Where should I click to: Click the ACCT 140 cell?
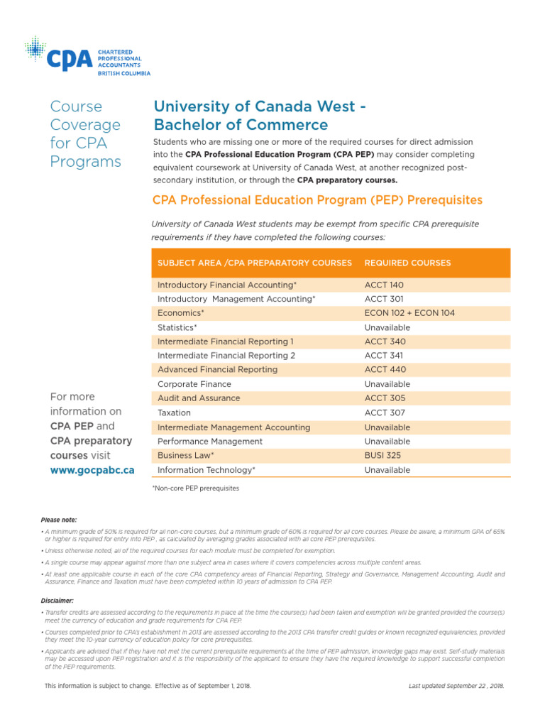(x=384, y=285)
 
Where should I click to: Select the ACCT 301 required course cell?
(x=384, y=299)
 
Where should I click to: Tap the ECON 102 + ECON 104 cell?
(x=409, y=313)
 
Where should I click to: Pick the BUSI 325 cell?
(x=383, y=456)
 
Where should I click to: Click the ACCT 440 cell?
(x=385, y=370)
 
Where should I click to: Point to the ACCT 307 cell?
(x=385, y=412)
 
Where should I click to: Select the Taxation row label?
(x=174, y=412)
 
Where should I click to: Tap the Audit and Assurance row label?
(x=199, y=398)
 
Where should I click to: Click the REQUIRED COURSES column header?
(x=407, y=263)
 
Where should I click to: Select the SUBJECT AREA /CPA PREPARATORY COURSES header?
(x=254, y=263)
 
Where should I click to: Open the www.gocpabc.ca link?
(x=92, y=470)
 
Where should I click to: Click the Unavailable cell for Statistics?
(x=387, y=327)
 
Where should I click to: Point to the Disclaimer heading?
(x=58, y=600)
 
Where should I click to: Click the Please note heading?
(x=59, y=520)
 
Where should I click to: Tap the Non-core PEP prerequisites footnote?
(x=195, y=488)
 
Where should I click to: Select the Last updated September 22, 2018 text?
(x=456, y=686)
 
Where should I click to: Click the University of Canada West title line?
(x=260, y=106)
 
